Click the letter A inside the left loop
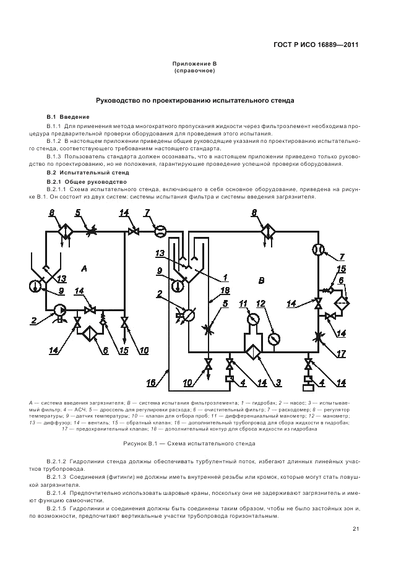coord(84,268)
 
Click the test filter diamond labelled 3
coord(252,351)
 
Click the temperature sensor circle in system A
coord(34,285)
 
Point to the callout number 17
coord(340,355)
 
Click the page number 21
coord(356,528)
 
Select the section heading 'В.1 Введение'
coord(68,117)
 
